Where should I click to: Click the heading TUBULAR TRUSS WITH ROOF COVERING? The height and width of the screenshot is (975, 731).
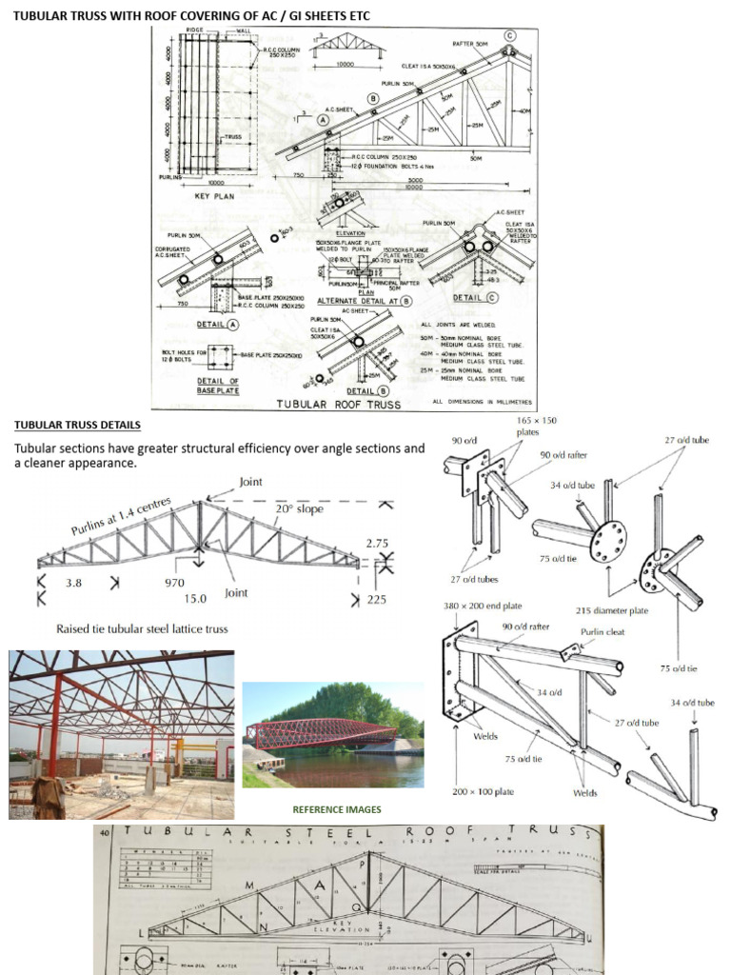[x=190, y=16]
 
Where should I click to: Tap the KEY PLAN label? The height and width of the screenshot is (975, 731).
[x=215, y=196]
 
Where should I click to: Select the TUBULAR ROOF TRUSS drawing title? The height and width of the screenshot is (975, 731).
[x=338, y=403]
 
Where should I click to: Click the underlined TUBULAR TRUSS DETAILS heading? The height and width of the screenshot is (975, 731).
[x=77, y=425]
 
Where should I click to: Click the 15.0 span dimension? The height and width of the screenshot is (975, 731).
[x=194, y=599]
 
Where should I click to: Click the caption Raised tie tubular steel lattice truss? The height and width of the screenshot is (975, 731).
[x=141, y=628]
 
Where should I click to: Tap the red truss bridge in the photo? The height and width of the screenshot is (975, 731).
[x=320, y=733]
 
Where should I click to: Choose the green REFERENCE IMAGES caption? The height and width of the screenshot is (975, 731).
[x=336, y=809]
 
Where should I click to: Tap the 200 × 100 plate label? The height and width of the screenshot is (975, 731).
[x=487, y=792]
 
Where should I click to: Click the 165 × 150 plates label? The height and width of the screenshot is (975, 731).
[x=537, y=426]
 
